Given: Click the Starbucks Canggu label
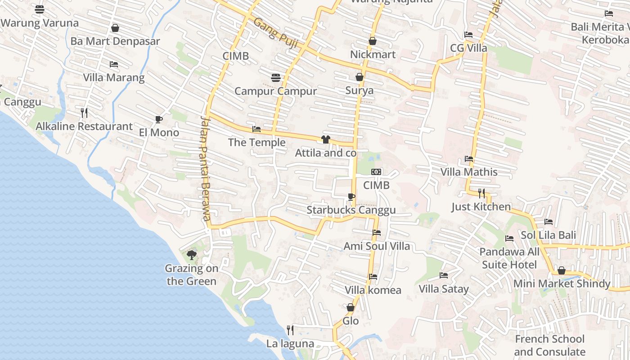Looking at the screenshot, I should pyautogui.click(x=351, y=210).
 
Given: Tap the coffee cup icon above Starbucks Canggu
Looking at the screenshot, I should pyautogui.click(x=351, y=197).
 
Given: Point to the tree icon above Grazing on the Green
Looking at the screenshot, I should pyautogui.click(x=192, y=255).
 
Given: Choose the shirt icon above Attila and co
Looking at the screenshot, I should pyautogui.click(x=326, y=139).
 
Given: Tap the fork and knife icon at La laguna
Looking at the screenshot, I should pyautogui.click(x=290, y=330).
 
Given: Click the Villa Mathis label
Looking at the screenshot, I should pyautogui.click(x=469, y=172).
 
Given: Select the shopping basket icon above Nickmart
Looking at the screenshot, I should pyautogui.click(x=373, y=41).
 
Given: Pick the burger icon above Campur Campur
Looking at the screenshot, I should pyautogui.click(x=276, y=78).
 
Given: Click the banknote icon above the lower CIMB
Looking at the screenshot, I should pyautogui.click(x=376, y=172).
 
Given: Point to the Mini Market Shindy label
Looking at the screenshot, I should pyautogui.click(x=562, y=284).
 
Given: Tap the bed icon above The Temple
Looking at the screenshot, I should pyautogui.click(x=256, y=129).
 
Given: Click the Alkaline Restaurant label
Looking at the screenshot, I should pyautogui.click(x=84, y=126).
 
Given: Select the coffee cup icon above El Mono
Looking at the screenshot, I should pyautogui.click(x=158, y=119).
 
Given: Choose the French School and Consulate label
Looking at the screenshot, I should pyautogui.click(x=549, y=345).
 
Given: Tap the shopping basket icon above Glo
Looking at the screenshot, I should pyautogui.click(x=351, y=308).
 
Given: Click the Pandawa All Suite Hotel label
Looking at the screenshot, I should pyautogui.click(x=509, y=258).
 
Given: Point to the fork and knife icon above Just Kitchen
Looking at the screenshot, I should pyautogui.click(x=481, y=193).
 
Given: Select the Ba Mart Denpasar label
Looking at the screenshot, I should pyautogui.click(x=115, y=41).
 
